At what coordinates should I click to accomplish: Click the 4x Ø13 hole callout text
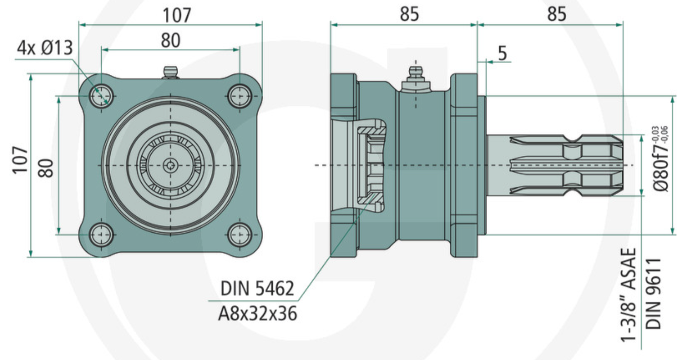(x=45, y=49)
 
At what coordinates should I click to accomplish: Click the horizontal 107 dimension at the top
(x=177, y=15)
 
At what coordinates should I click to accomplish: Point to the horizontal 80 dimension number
(x=170, y=40)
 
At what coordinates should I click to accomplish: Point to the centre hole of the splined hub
(x=171, y=165)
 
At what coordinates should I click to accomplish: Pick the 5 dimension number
(x=502, y=53)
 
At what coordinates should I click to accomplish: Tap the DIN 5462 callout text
(x=257, y=289)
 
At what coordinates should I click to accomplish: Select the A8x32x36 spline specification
(x=258, y=314)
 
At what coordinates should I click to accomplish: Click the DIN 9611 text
(x=654, y=294)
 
